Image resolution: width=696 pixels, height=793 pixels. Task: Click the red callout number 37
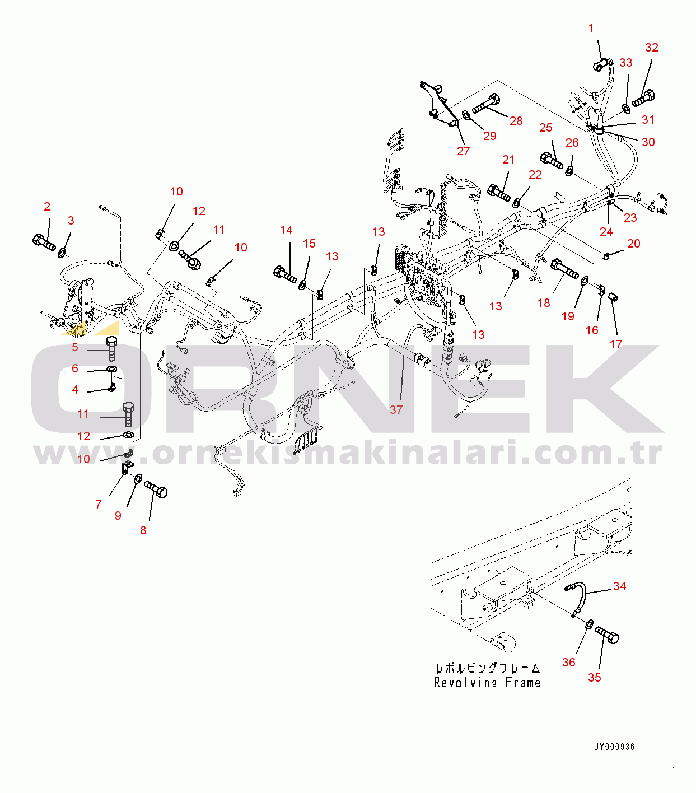tap(396, 410)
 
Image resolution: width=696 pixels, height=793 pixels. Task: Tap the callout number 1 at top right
tap(591, 28)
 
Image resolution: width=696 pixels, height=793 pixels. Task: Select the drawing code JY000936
tap(614, 747)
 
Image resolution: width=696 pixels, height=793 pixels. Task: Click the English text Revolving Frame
tap(487, 683)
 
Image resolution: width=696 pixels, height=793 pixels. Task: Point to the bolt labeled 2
tap(44, 242)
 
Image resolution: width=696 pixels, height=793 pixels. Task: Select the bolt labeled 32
tap(644, 98)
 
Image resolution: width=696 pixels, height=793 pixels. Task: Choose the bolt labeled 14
tap(285, 274)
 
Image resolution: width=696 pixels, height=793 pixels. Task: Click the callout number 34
tap(620, 586)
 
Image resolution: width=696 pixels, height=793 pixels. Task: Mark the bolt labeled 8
tap(156, 489)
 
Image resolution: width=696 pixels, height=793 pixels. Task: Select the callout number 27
tap(464, 151)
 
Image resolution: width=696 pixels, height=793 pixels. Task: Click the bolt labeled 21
tap(499, 193)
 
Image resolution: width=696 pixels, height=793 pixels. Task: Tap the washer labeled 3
tap(62, 253)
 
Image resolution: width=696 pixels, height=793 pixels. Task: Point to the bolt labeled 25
tap(552, 160)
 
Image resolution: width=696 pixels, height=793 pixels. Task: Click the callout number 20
tap(634, 244)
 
